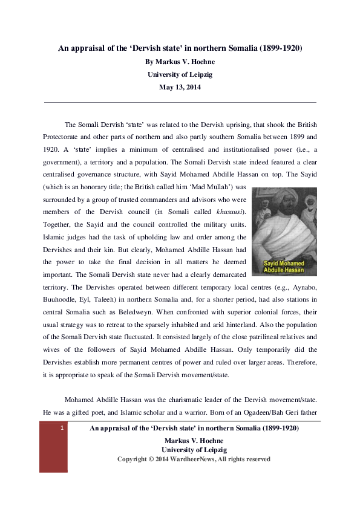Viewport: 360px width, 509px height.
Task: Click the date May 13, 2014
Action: [180, 87]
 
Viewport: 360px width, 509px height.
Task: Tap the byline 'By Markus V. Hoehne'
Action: [180, 61]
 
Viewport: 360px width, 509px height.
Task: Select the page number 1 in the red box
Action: [62, 429]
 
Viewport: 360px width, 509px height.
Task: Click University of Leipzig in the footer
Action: [194, 450]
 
